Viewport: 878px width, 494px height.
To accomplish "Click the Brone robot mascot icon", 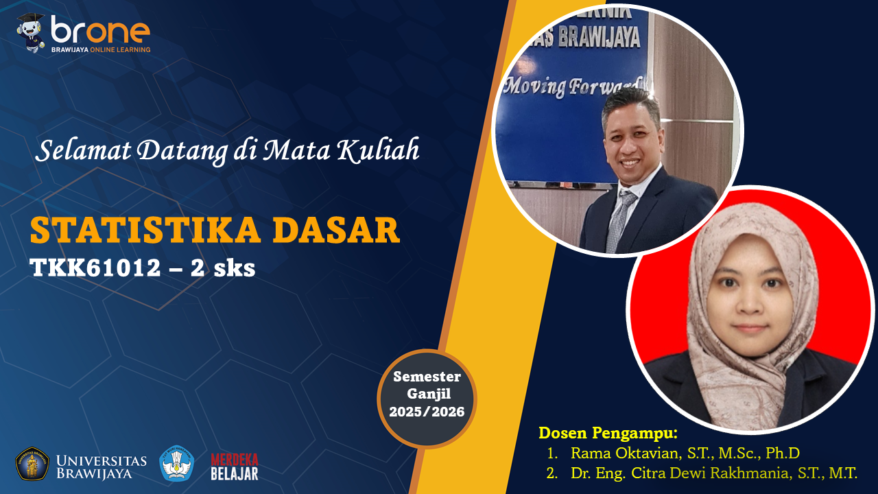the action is (x=31, y=33).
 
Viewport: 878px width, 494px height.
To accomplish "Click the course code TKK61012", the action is (x=95, y=268).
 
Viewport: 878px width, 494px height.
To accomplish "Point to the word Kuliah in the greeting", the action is (x=378, y=150).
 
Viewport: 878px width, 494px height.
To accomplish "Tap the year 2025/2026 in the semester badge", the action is (x=427, y=412).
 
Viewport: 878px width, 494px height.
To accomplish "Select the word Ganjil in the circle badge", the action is (x=429, y=394).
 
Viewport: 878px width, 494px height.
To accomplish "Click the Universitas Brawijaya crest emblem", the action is (x=32, y=463).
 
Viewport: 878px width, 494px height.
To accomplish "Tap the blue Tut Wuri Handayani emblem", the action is (x=177, y=463).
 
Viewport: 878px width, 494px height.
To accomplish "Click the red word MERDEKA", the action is (x=235, y=459).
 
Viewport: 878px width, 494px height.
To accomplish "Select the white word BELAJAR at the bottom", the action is (x=235, y=473).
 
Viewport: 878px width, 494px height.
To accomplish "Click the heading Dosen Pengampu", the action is (x=608, y=433).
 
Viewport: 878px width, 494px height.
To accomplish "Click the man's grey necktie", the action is (x=621, y=220).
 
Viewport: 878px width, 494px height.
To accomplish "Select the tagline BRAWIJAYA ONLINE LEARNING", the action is (x=101, y=50).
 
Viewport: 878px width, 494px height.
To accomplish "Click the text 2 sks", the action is (x=223, y=268).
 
